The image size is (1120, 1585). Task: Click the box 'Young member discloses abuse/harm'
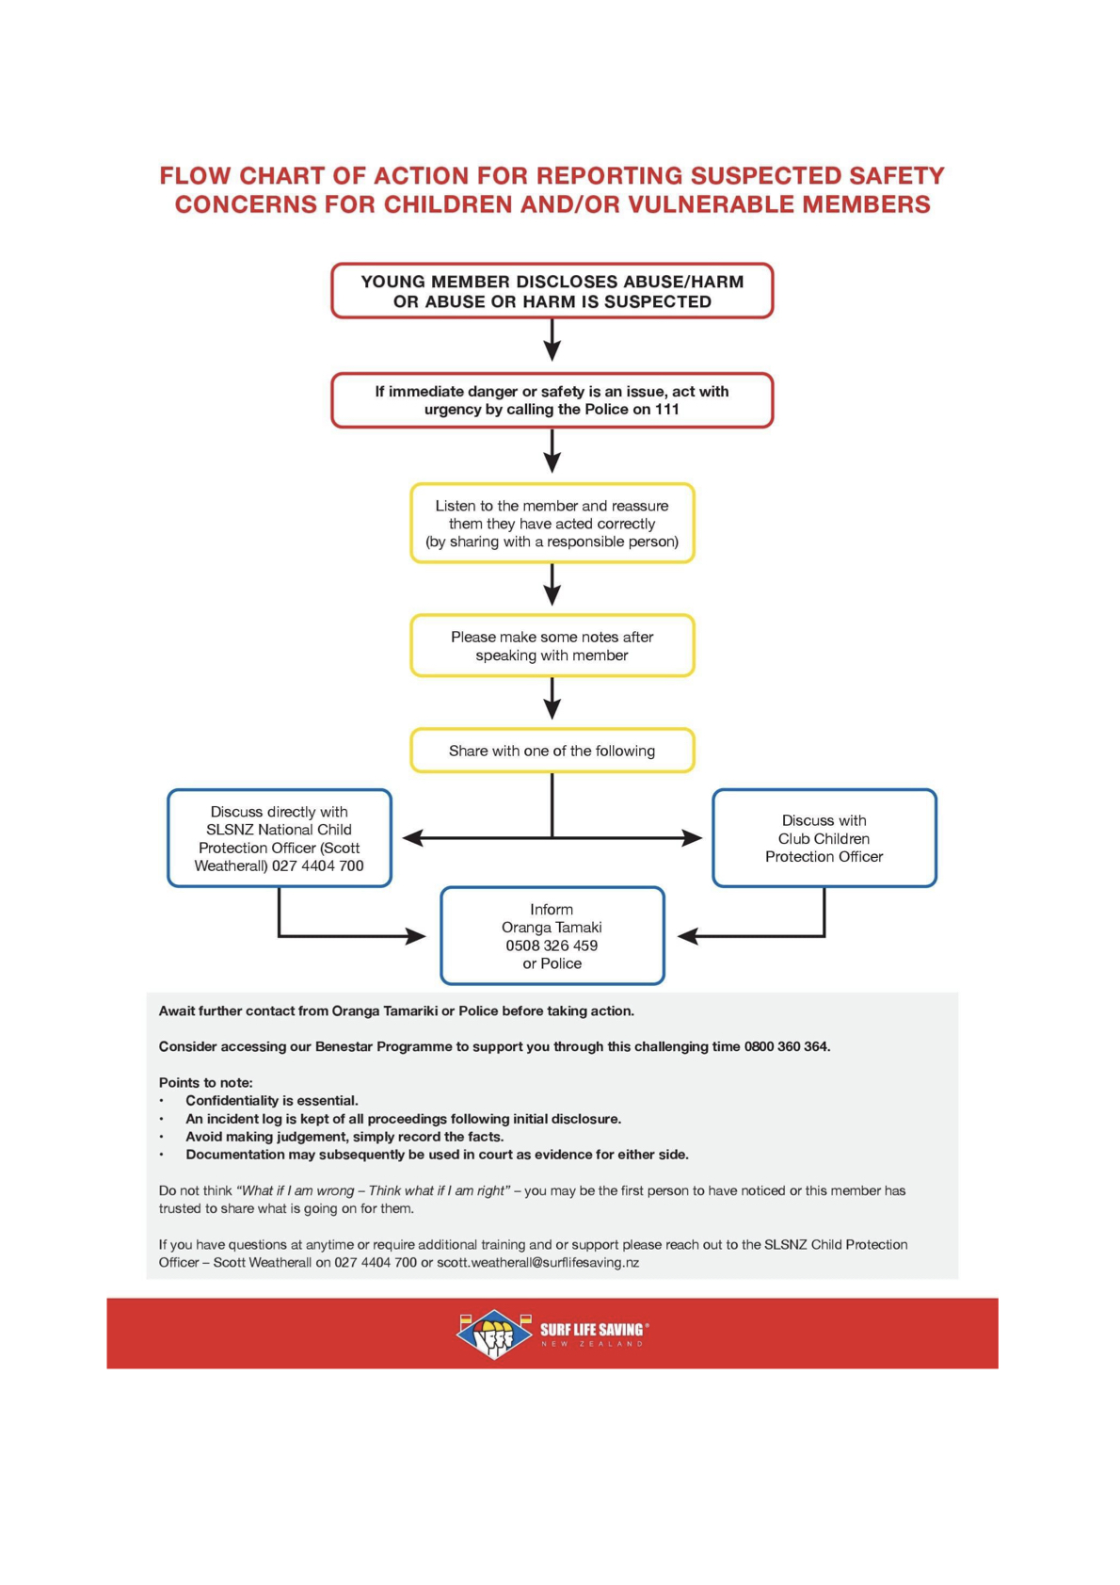pos(552,291)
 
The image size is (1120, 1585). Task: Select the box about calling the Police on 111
pos(552,400)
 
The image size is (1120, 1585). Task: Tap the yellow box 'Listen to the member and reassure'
pos(552,524)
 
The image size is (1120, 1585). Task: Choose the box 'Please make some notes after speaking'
pos(552,646)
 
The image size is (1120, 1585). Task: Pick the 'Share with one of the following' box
pos(552,751)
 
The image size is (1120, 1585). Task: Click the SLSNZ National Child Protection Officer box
pos(280,838)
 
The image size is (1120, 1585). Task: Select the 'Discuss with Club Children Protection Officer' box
pos(824,838)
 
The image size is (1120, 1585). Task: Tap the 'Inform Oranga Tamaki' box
pos(552,936)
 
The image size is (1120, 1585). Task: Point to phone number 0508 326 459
pos(552,946)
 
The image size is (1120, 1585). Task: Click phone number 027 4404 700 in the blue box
pos(318,866)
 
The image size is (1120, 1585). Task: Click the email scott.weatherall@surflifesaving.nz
pos(537,1263)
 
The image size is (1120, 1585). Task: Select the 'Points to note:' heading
pos(205,1083)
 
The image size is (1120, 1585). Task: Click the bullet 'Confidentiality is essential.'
pos(271,1101)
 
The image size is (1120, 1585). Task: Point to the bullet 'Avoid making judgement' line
pos(344,1137)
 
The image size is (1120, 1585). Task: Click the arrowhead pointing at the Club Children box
pos(693,837)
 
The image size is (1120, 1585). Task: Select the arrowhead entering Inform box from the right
pos(687,936)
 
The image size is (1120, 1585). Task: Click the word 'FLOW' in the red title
pos(195,176)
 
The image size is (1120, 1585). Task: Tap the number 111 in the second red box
pos(667,410)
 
